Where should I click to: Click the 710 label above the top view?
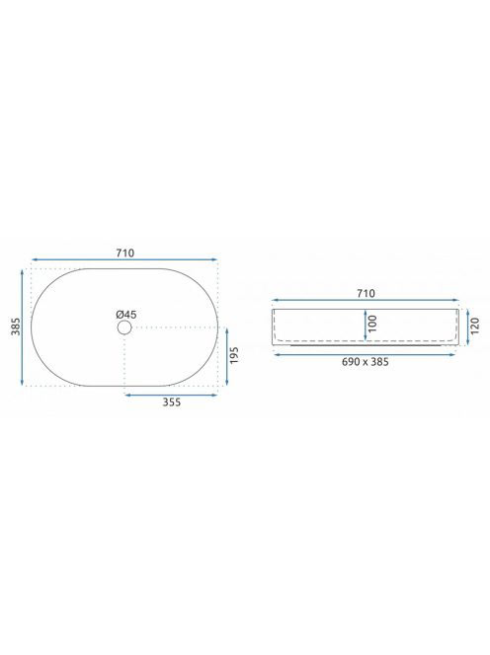tap(125, 254)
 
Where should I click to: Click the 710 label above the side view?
tap(366, 294)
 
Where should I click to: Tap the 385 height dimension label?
tap(16, 327)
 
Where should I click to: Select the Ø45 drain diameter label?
tap(126, 315)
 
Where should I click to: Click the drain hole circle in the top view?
tap(124, 327)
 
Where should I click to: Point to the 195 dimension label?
tap(234, 355)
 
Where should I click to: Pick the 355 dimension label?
tap(172, 401)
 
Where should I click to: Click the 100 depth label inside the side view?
tap(372, 324)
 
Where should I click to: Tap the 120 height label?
tap(474, 326)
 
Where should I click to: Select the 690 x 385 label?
tap(365, 362)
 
